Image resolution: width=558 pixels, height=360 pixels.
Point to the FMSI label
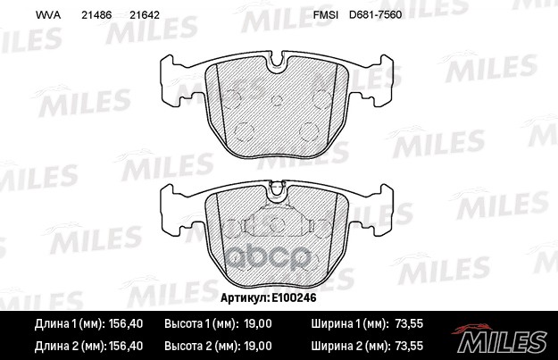(x=327, y=16)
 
